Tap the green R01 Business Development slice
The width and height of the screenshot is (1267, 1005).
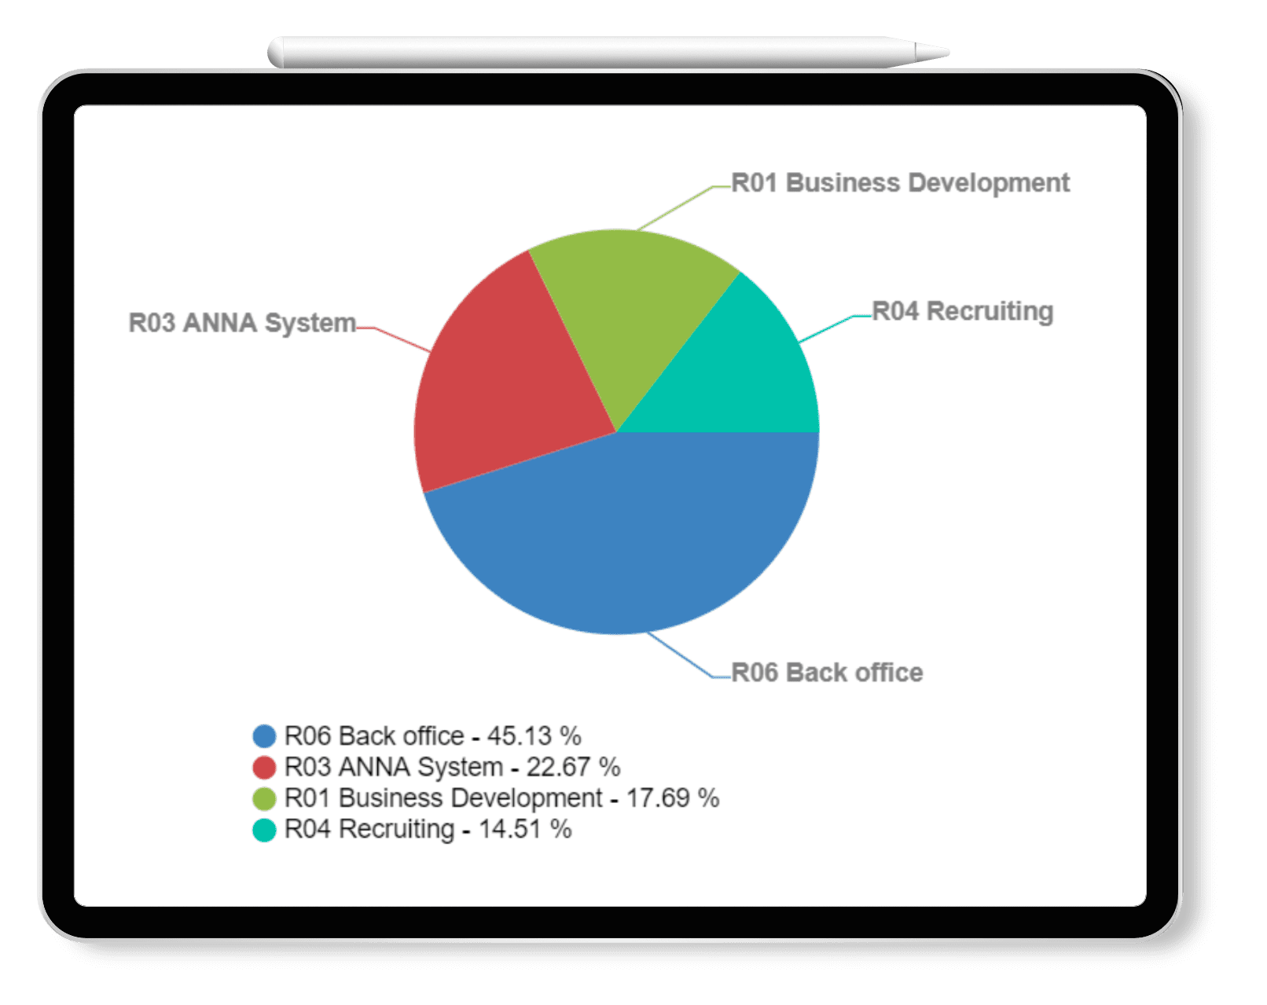coord(629,306)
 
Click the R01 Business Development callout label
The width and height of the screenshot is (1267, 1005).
coord(900,183)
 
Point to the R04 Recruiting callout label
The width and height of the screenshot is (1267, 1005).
coord(962,311)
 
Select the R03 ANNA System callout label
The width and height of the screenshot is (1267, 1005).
coord(242,323)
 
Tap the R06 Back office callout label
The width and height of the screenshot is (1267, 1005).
coord(827,673)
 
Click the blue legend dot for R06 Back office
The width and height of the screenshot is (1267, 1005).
coord(264,736)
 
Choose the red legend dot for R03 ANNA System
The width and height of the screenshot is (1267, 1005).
coord(264,767)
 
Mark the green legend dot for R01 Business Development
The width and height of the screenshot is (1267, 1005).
coord(264,798)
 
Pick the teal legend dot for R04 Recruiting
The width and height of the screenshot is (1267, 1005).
coord(264,830)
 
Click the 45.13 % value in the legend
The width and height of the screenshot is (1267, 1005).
coord(534,736)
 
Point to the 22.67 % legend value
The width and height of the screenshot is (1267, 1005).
coord(573,767)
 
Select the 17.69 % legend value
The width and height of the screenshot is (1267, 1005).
coord(672,798)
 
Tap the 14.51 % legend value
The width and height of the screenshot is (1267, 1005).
coord(525,830)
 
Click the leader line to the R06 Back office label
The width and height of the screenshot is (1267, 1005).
coord(680,656)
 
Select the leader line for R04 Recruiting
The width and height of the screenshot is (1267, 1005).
coord(825,329)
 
